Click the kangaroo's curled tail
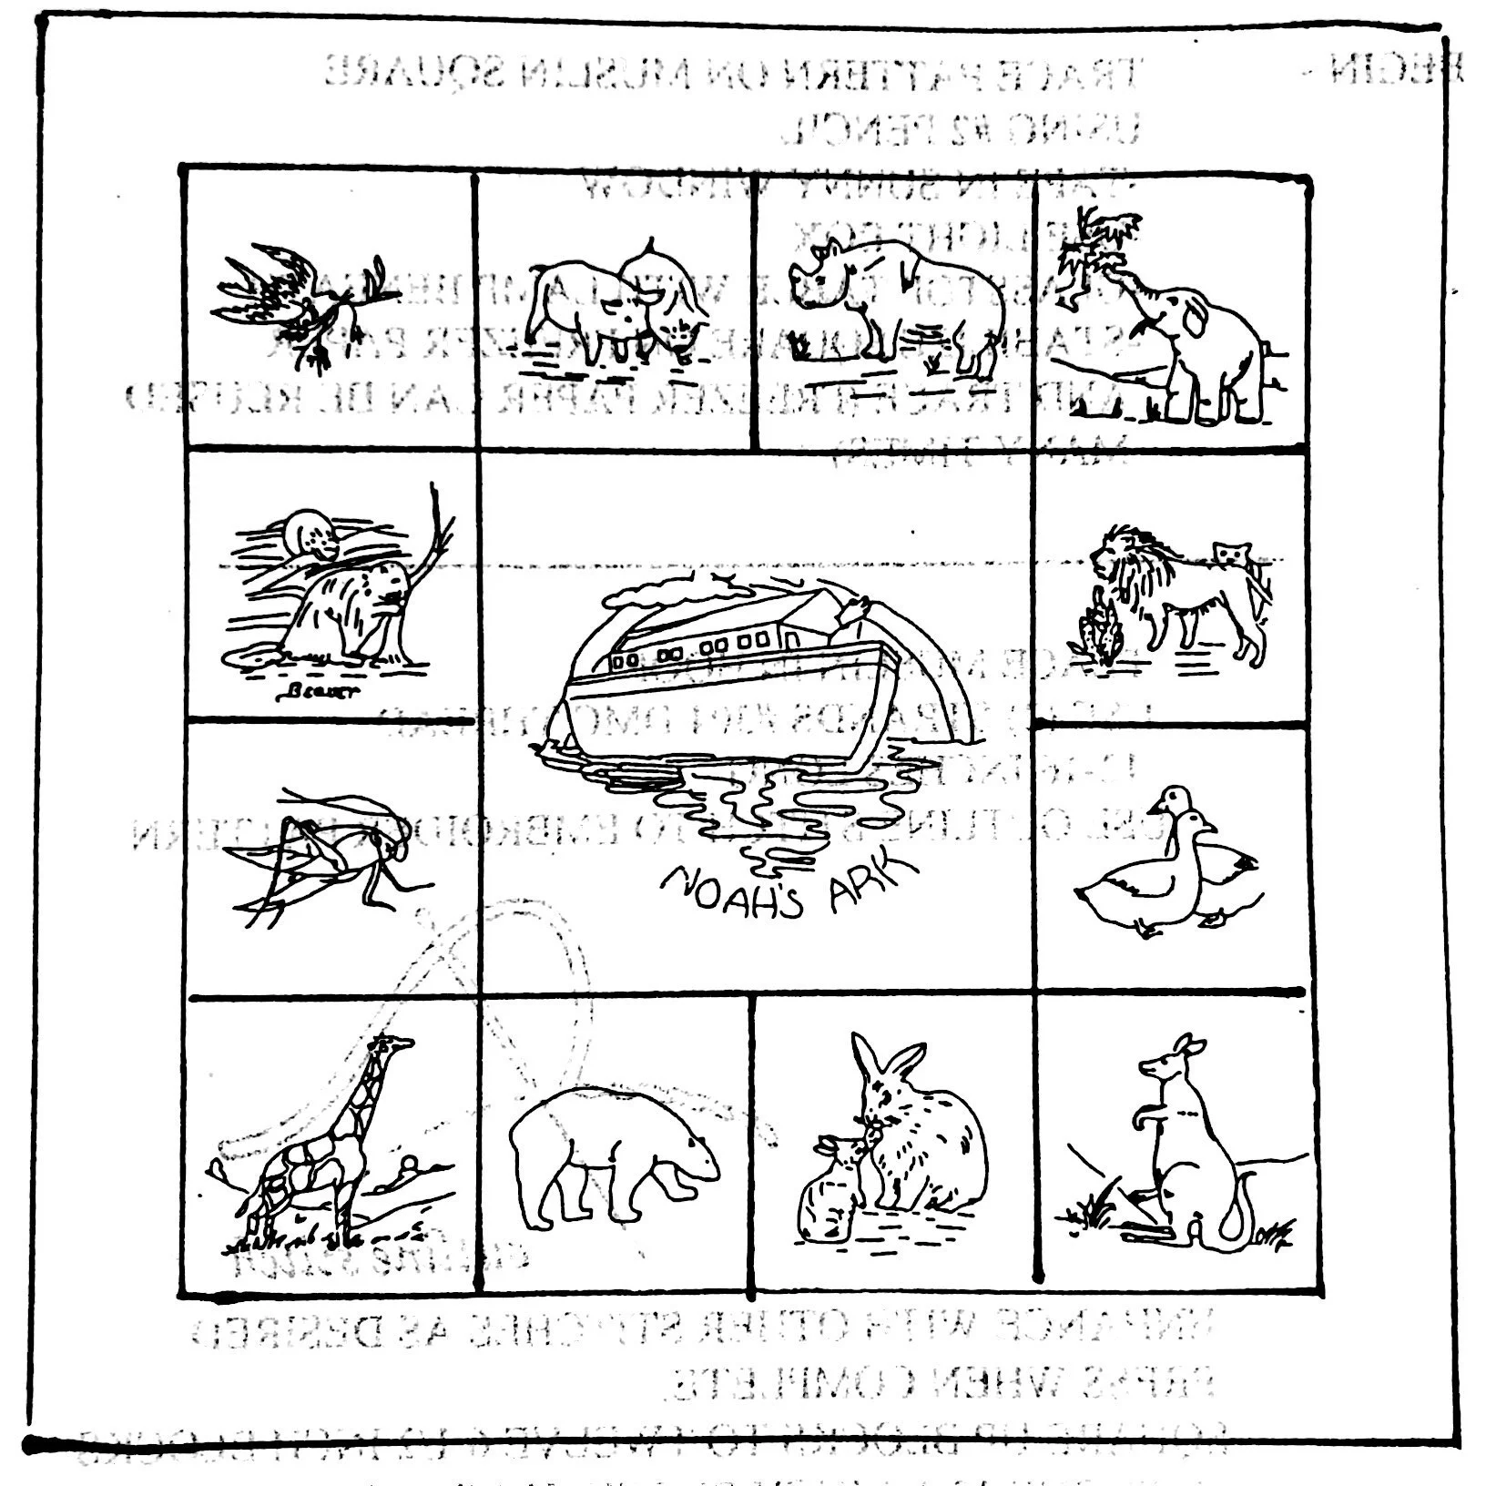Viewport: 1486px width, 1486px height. point(1237,1216)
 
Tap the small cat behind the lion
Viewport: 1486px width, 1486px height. point(1231,554)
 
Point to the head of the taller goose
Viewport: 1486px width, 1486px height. point(1171,801)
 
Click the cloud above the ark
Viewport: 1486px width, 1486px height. point(665,592)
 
